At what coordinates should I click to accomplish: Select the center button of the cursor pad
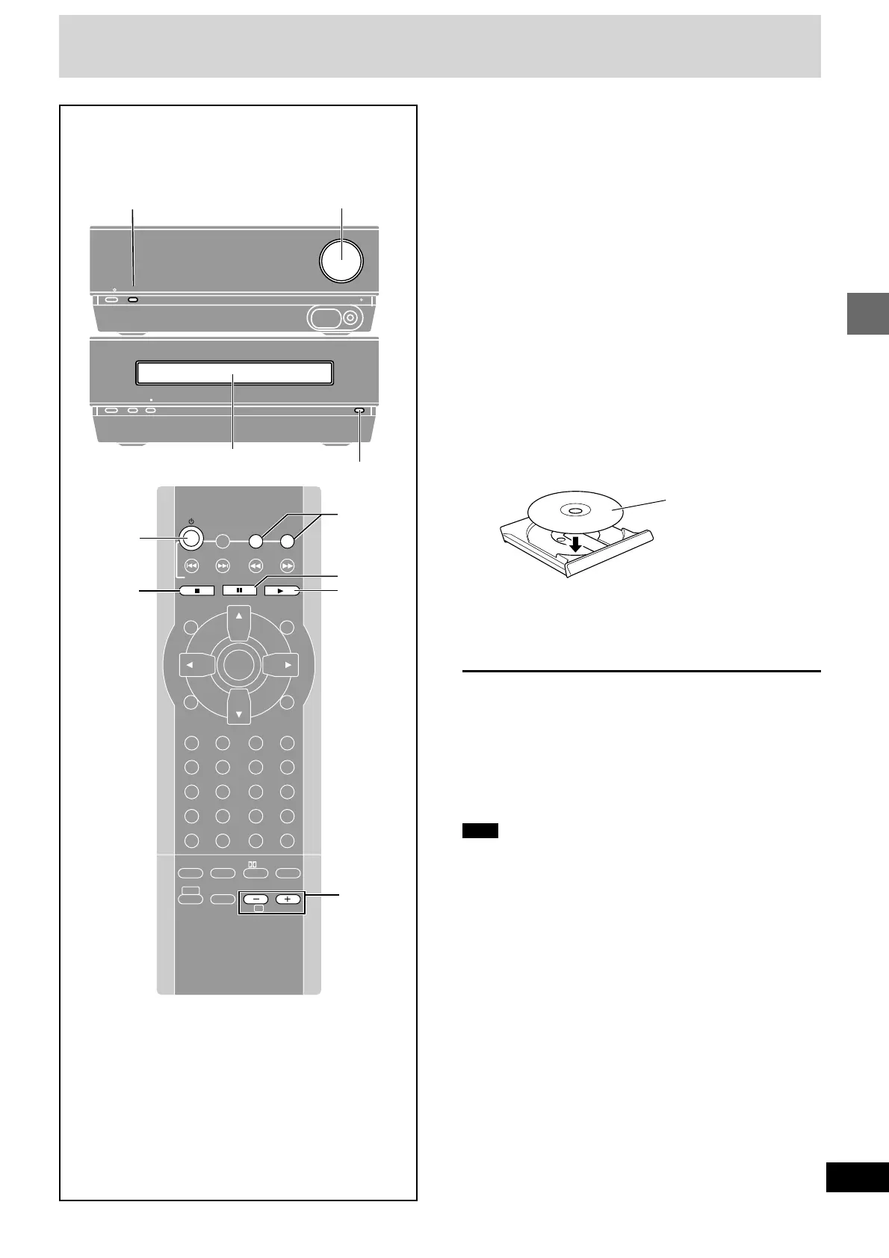click(x=238, y=664)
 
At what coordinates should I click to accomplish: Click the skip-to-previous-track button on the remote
click(x=191, y=566)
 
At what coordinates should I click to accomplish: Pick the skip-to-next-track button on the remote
click(x=223, y=566)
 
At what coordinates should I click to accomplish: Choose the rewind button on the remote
click(x=255, y=566)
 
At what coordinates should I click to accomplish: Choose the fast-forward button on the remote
click(x=288, y=566)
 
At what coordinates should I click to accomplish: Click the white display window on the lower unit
click(x=233, y=374)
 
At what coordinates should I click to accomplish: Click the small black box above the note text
click(x=480, y=831)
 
